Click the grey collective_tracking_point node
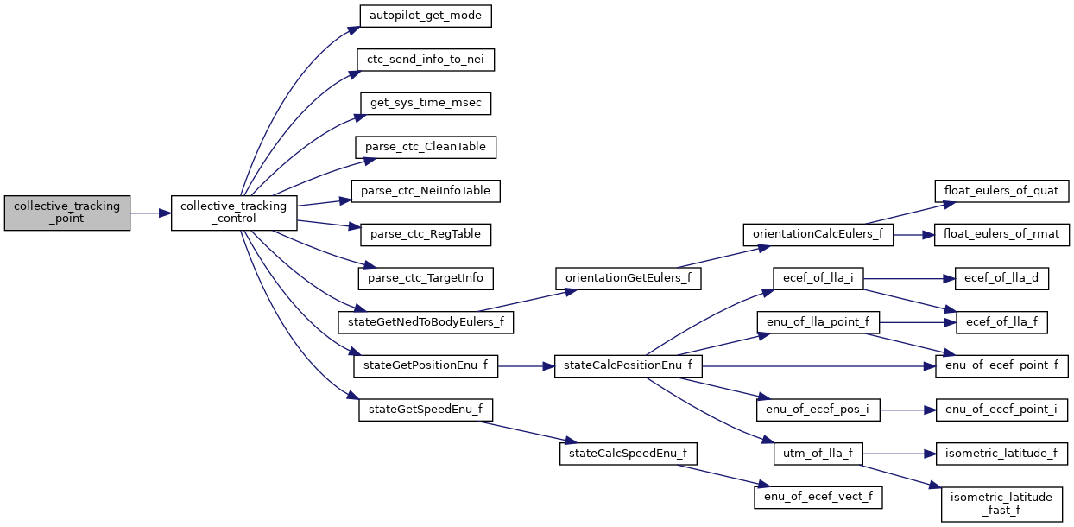66,213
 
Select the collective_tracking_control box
234,213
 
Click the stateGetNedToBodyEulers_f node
426,322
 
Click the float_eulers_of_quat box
1001,190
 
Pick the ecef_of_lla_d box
1001,278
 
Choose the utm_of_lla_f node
818,453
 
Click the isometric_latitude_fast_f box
1001,504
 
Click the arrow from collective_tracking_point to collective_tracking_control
150,213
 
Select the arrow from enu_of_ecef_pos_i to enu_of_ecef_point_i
907,410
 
